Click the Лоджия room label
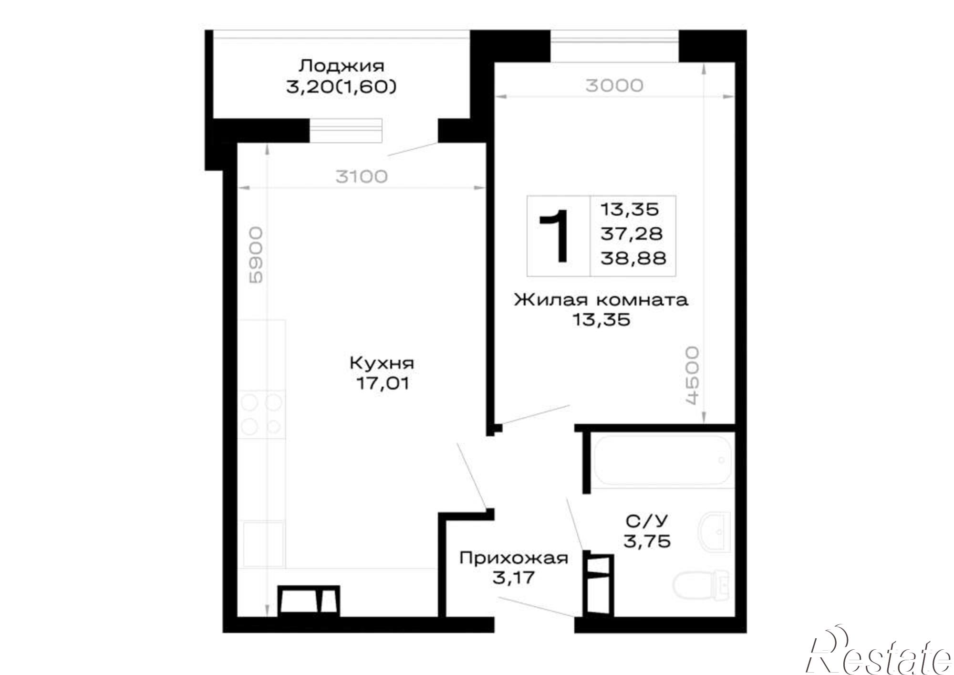pos(341,65)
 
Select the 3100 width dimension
pos(362,177)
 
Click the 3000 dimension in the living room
pos(614,85)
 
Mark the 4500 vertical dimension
pos(692,376)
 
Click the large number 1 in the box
pos(555,236)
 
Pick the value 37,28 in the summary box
pos(632,234)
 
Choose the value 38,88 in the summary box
pos(633,258)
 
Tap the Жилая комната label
pos(601,300)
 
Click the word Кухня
pos(382,363)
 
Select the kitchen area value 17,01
pos(382,383)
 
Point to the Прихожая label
pos(514,558)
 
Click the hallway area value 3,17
pos(513,578)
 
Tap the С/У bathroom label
pos(647,521)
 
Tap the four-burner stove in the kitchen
pos(262,414)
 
